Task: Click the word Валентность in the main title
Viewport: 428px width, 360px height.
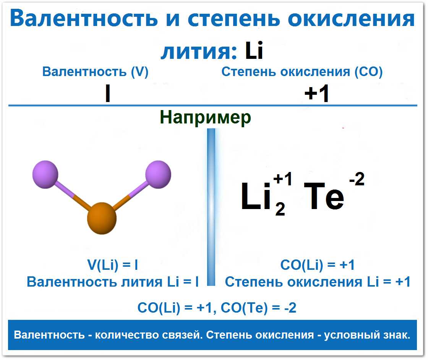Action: (84, 18)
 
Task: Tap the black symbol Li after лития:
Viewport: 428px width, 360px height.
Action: (254, 50)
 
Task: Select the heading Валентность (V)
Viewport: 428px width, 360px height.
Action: (95, 72)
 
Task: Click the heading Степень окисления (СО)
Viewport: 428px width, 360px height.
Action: (302, 72)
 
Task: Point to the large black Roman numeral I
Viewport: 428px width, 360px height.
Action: (108, 93)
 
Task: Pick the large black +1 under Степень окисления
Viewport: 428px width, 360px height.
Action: (317, 93)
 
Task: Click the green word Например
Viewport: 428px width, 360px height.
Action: (205, 117)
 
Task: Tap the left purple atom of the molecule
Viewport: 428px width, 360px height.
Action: (45, 175)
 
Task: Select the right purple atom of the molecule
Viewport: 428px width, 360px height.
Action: (158, 175)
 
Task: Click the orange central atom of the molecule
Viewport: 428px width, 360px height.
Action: (102, 218)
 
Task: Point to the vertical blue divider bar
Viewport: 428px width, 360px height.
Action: (211, 207)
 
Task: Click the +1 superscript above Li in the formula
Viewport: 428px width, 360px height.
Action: (282, 179)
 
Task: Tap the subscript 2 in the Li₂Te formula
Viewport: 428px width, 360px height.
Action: (280, 209)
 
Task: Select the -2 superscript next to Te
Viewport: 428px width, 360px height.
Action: (357, 179)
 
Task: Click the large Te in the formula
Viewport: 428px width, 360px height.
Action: (324, 196)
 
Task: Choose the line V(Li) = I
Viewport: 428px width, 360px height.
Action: (112, 264)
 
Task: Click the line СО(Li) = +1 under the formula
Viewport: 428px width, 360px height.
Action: (318, 265)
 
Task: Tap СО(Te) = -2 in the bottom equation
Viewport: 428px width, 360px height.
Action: (258, 308)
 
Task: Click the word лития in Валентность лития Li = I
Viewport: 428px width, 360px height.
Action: (142, 282)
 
